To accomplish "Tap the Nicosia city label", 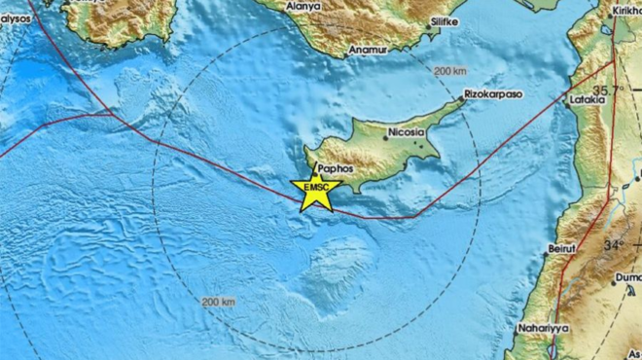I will click(x=406, y=131).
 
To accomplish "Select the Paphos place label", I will click(x=334, y=167).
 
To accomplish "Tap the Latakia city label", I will click(x=588, y=99).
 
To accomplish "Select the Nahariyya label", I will click(x=543, y=328).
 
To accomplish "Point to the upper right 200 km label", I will click(x=451, y=71).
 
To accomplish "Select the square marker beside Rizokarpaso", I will click(x=462, y=98).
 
